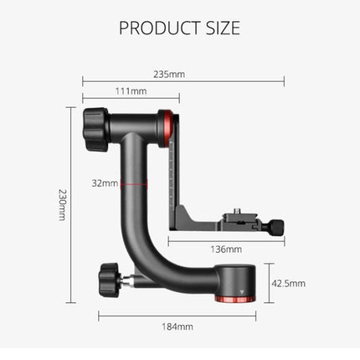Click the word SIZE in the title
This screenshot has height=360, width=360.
click(221, 28)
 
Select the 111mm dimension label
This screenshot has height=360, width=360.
click(131, 91)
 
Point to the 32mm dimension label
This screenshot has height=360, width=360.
click(105, 183)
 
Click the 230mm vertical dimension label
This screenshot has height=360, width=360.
click(61, 204)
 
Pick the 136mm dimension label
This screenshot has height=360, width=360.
click(225, 249)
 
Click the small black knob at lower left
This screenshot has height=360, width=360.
click(109, 274)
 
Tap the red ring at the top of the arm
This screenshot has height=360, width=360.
click(170, 119)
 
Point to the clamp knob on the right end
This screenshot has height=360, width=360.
click(275, 226)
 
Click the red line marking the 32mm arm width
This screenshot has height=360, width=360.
click(134, 183)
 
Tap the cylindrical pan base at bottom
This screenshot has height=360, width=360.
click(234, 280)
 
